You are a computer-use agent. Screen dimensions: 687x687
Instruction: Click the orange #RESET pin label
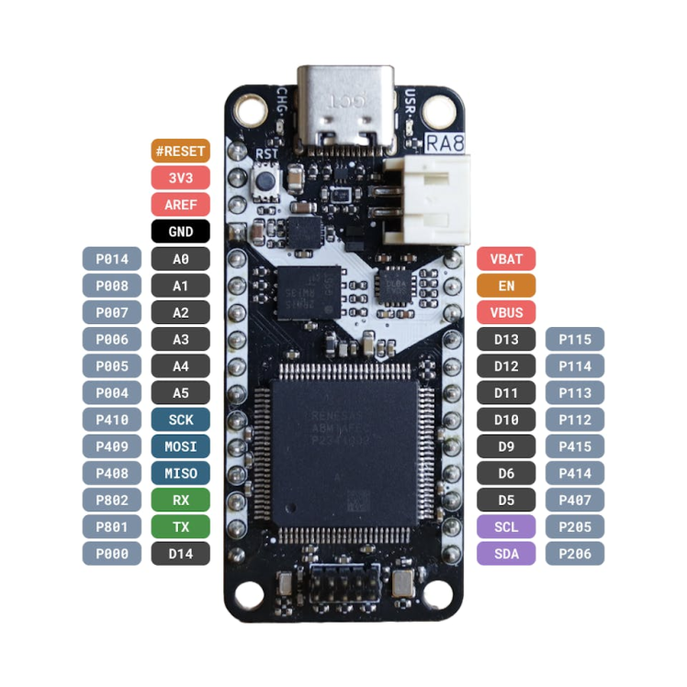click(180, 151)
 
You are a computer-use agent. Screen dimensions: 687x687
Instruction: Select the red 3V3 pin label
click(180, 177)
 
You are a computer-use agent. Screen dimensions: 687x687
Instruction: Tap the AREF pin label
click(180, 204)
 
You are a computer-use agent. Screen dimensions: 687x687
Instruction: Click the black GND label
click(180, 231)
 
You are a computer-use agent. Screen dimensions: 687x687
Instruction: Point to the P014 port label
click(112, 259)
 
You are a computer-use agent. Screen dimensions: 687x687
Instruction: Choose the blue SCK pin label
click(180, 420)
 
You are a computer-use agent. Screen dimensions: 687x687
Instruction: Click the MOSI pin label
click(180, 446)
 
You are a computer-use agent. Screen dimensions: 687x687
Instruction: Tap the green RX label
click(180, 500)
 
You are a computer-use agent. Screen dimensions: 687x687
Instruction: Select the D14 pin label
click(180, 554)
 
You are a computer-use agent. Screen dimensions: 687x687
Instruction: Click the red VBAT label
click(506, 259)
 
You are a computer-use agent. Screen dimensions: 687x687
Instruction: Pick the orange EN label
click(506, 286)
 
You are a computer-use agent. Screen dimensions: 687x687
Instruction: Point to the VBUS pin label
click(506, 312)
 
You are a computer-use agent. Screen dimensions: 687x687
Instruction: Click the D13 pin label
click(506, 339)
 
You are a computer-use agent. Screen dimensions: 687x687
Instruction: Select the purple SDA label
click(506, 554)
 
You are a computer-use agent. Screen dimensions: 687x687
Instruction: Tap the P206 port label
click(575, 554)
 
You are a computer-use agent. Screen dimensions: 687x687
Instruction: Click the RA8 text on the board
click(445, 143)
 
